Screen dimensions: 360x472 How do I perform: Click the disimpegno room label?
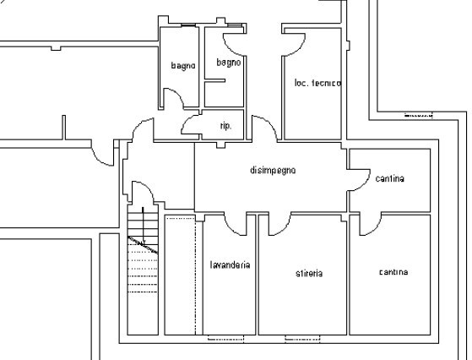(273, 171)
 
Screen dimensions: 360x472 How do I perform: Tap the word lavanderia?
(230, 265)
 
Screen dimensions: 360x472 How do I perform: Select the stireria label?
(310, 273)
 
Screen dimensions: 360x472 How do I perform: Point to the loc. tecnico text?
(317, 83)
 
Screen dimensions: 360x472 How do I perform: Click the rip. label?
(225, 126)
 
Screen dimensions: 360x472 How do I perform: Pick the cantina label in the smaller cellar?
(391, 178)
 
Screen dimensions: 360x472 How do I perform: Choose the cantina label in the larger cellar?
(393, 272)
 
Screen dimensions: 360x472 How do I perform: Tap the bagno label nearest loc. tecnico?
(229, 63)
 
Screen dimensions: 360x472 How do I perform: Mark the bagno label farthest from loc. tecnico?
(183, 65)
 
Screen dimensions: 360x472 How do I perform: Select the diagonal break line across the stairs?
(144, 245)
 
